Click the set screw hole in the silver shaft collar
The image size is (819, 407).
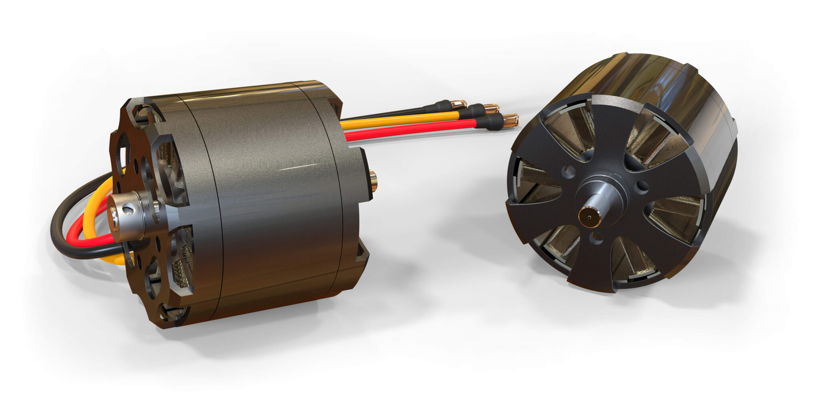127,209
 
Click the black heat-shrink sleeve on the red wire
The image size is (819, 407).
488,123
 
